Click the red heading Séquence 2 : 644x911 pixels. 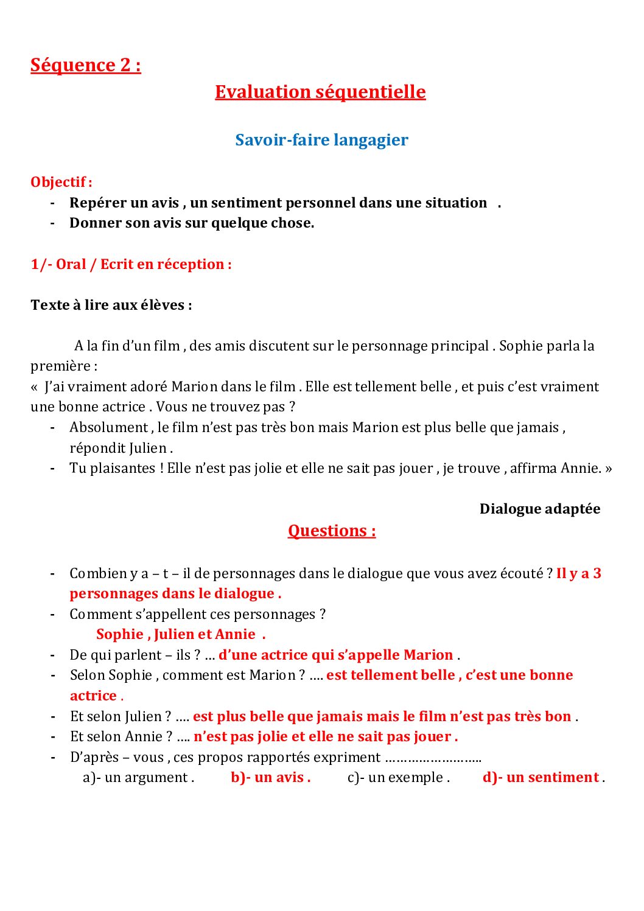point(85,65)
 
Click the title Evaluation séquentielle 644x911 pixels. point(320,92)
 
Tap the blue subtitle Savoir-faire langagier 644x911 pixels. point(321,140)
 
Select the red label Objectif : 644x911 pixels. point(61,182)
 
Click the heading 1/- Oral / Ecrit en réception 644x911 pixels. point(131,264)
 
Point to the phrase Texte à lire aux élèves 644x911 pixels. point(111,305)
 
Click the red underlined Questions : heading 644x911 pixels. point(332,531)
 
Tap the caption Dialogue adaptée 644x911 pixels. point(539,509)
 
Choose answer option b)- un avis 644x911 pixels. point(271,777)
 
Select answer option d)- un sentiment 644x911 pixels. point(542,777)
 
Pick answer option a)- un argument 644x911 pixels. point(138,777)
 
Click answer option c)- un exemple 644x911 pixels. point(398,777)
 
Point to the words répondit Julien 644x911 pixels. point(121,448)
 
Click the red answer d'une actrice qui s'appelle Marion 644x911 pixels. point(336,655)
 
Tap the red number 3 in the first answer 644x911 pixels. point(597,573)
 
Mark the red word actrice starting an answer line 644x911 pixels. point(93,696)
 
